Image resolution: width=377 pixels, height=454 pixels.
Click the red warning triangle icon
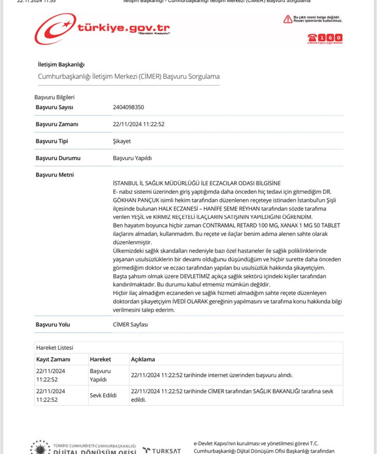pos(287,20)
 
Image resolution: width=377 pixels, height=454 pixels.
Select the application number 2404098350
pos(128,107)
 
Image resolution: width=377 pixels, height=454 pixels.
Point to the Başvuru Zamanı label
pos(57,124)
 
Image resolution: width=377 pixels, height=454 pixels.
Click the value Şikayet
pos(122,141)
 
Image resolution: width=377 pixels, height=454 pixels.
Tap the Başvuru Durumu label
pos(58,158)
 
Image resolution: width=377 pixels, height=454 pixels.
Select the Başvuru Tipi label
pos(52,141)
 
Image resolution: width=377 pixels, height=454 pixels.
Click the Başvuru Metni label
pos(55,175)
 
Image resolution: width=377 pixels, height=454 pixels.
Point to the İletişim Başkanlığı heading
pos(61,64)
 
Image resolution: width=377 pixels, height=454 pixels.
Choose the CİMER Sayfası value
pos(130,325)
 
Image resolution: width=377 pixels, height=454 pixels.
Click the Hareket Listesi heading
pos(55,348)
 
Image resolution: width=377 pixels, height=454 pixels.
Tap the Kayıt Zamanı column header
pos(53,359)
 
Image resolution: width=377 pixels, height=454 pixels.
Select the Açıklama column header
pos(143,359)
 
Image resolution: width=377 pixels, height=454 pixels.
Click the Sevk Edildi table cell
pos(103,395)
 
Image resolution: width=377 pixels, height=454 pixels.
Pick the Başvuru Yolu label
pos(53,325)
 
